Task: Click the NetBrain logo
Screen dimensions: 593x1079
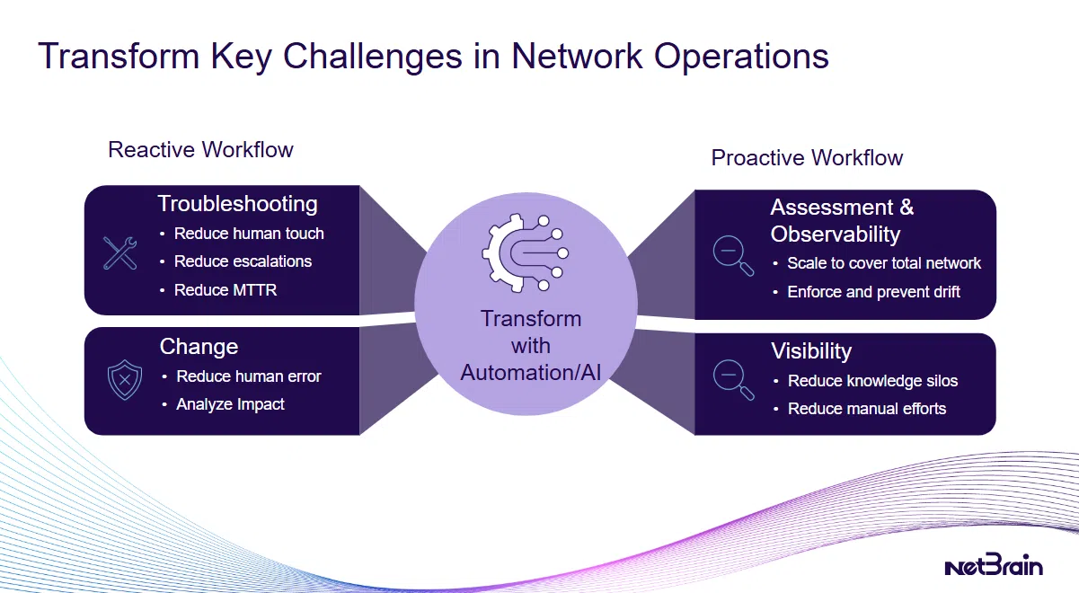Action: (993, 566)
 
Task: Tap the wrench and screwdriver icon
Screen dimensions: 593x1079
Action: (119, 253)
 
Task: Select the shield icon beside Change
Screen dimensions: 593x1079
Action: (124, 380)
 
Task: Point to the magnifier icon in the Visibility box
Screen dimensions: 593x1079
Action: (733, 376)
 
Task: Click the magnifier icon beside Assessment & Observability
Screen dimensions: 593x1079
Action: (733, 254)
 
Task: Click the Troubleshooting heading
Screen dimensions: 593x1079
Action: (237, 204)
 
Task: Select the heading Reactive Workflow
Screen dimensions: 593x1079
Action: (200, 149)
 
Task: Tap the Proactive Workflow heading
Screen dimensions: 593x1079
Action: (807, 158)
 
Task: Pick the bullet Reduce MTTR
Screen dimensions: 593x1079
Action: (226, 290)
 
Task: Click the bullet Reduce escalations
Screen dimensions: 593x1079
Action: (243, 261)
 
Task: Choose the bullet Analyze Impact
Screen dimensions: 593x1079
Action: (230, 404)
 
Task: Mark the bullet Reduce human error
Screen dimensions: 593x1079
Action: (248, 376)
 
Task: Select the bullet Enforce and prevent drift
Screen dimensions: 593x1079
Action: (873, 292)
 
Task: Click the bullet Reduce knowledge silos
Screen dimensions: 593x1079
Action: (872, 381)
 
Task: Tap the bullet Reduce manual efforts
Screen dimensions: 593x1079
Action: (867, 409)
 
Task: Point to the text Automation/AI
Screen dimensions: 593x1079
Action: (530, 372)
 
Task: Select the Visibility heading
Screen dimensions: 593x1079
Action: (810, 351)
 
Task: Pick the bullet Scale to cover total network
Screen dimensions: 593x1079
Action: (884, 263)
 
